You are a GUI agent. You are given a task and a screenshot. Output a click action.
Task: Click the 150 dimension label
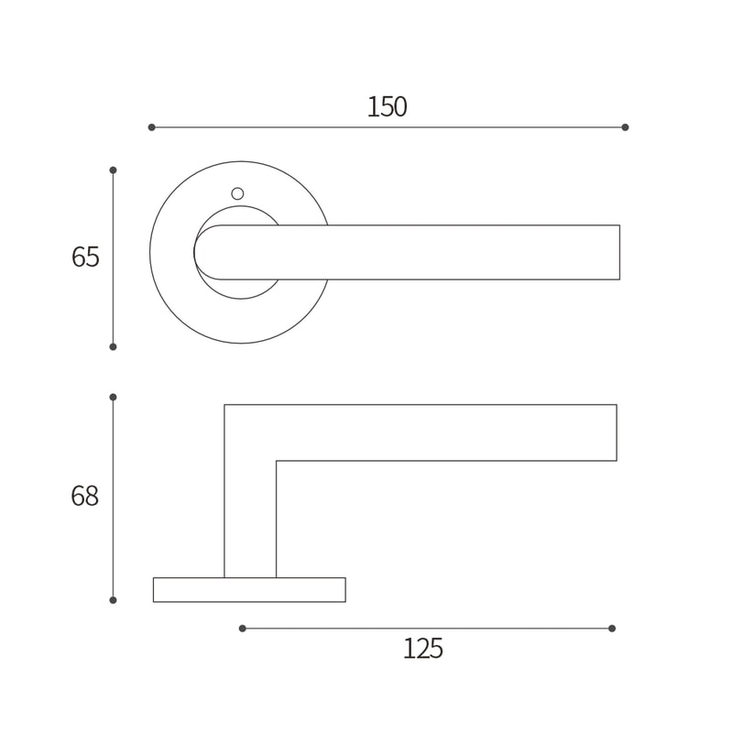(387, 107)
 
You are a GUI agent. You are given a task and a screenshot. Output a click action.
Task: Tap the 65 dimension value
(85, 257)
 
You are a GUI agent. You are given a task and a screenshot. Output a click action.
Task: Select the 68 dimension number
(84, 497)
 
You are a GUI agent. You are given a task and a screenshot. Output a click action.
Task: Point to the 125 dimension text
(422, 649)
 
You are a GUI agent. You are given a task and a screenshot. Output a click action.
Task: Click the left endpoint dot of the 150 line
(152, 127)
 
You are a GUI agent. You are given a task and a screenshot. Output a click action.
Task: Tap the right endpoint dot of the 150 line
(625, 127)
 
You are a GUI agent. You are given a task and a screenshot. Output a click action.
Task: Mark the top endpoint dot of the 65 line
(113, 170)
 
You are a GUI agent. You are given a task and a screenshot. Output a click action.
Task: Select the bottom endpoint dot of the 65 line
(113, 346)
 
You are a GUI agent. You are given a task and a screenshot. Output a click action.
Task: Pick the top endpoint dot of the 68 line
(113, 398)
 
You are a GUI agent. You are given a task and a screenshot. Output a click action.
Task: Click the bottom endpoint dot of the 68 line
(113, 600)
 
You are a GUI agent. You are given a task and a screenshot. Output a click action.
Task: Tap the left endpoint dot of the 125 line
(242, 629)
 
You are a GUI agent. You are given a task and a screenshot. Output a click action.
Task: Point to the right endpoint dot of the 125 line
(612, 629)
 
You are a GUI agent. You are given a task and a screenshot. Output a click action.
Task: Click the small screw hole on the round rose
(237, 193)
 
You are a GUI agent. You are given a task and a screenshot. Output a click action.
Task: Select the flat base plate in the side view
(249, 590)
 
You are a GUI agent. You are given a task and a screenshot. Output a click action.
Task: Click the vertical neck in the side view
(250, 522)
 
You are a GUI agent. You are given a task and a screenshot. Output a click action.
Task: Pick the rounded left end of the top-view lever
(203, 252)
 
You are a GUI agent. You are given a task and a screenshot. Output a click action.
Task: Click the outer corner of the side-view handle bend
(225, 406)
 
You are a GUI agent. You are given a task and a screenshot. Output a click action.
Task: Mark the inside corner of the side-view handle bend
(276, 461)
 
